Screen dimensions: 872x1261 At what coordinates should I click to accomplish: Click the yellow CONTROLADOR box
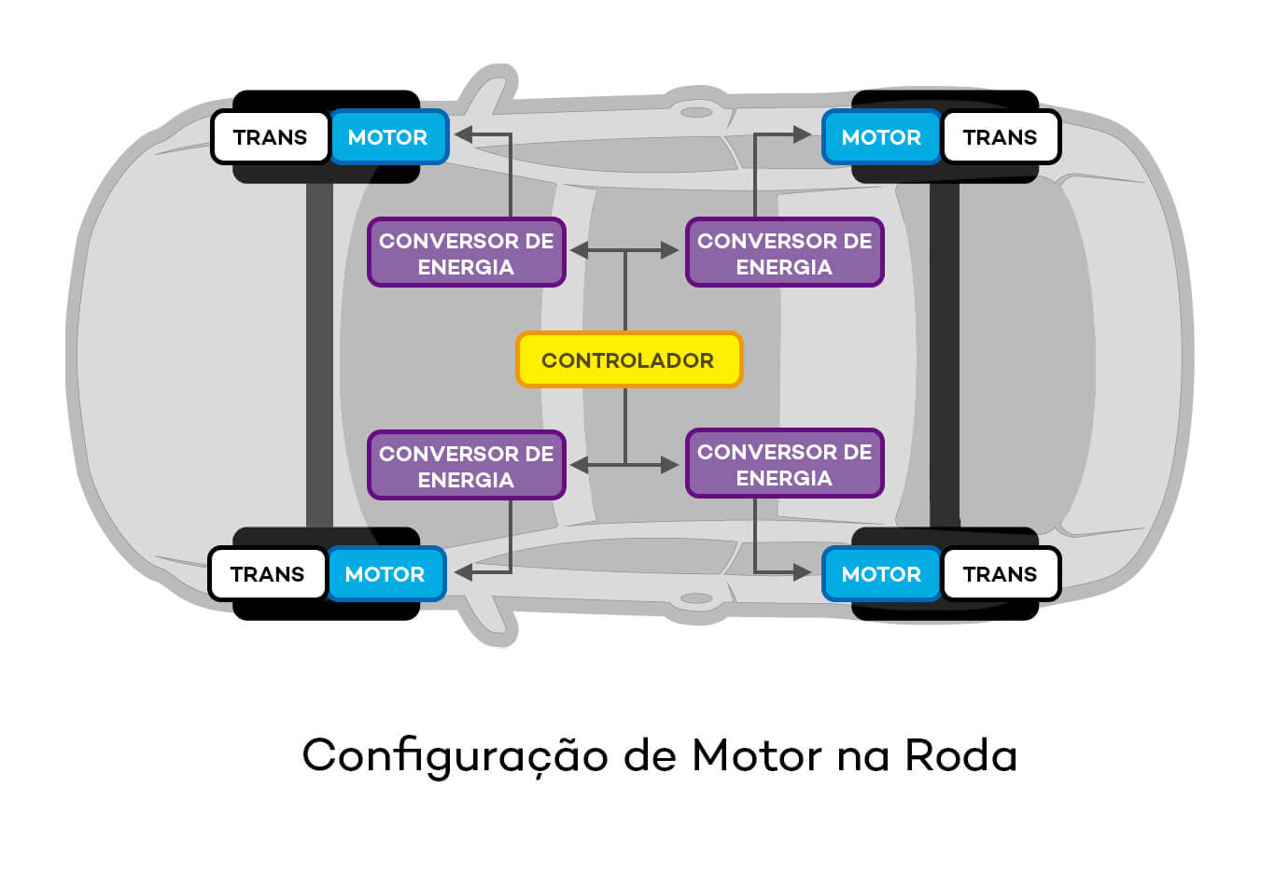(629, 359)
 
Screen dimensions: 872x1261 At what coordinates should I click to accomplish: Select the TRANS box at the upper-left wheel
(271, 137)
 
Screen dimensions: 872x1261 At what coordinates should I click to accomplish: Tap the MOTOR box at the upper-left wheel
(388, 137)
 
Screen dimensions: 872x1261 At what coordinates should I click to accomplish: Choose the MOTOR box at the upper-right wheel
(881, 137)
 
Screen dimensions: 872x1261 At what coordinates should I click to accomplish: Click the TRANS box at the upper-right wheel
(1000, 137)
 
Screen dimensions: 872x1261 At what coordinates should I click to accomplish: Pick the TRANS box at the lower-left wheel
(268, 574)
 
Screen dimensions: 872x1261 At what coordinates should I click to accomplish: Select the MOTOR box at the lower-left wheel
(385, 574)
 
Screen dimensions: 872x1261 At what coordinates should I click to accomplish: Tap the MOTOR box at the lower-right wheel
(881, 574)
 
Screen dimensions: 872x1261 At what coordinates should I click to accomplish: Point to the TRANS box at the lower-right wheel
(1000, 574)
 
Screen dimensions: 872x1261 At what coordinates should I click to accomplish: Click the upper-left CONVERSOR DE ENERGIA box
(467, 253)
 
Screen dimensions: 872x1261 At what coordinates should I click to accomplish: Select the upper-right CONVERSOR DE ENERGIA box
(784, 253)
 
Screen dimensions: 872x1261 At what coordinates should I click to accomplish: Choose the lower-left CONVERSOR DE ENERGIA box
(467, 466)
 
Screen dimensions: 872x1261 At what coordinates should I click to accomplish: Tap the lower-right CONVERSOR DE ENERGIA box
(784, 464)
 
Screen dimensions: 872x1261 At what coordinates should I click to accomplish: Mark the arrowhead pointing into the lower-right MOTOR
(801, 572)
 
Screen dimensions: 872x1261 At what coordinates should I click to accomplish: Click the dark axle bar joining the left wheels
(319, 355)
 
